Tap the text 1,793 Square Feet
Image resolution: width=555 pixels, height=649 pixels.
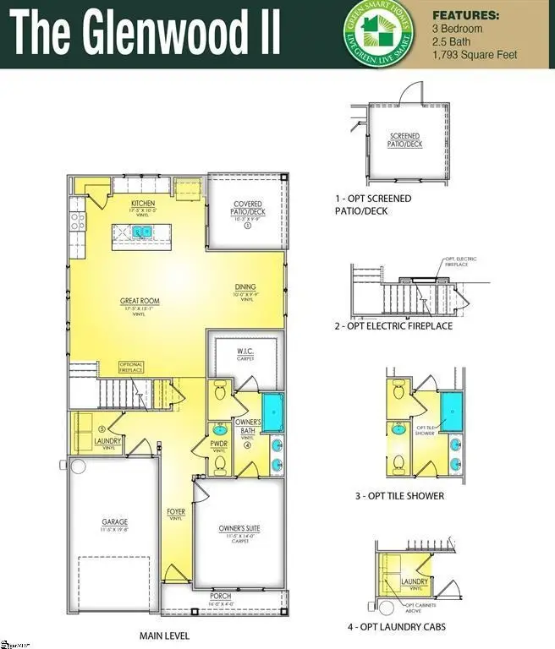point(475,55)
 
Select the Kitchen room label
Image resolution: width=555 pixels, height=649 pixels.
point(142,205)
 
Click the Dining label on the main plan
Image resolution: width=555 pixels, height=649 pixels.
point(245,288)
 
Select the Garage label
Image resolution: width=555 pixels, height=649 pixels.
point(114,523)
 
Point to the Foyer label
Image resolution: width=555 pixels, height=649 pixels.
point(176,513)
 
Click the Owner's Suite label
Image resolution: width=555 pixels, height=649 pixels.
point(239,529)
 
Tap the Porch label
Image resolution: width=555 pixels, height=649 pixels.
point(221,597)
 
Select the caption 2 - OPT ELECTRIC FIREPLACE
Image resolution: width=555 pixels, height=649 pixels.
point(393,326)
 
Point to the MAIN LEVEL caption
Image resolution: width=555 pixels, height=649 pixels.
point(164,635)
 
